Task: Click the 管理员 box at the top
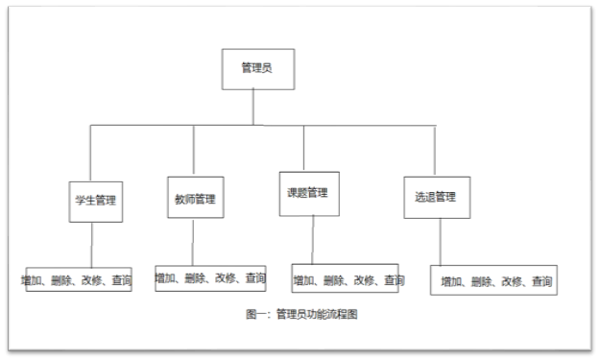(x=255, y=68)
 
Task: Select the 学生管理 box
(x=94, y=201)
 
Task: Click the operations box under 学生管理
(x=79, y=279)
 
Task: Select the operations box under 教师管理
(x=211, y=277)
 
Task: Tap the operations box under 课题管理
(x=345, y=278)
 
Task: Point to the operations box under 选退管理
(x=493, y=280)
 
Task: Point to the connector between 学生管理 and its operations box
(x=92, y=247)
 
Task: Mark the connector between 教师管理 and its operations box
(x=193, y=241)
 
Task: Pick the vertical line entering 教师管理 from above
(x=193, y=151)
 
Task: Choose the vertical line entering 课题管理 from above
(x=304, y=148)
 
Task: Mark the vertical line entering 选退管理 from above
(x=434, y=152)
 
